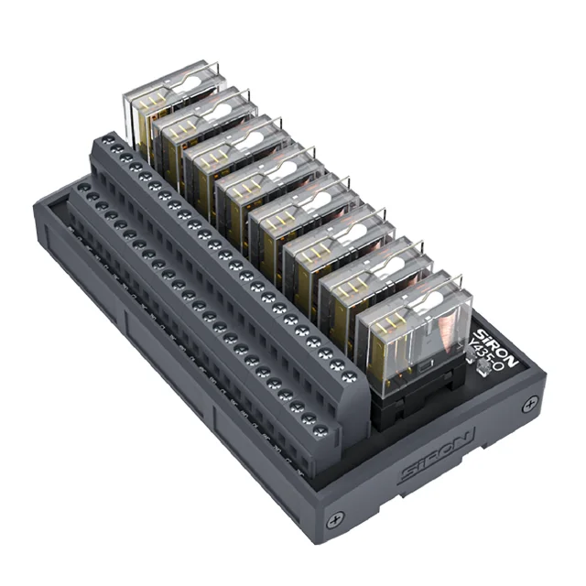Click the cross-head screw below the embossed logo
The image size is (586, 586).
[x=338, y=518]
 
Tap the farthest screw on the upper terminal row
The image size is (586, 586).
[x=110, y=140]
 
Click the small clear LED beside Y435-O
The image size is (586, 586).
[x=475, y=372]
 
